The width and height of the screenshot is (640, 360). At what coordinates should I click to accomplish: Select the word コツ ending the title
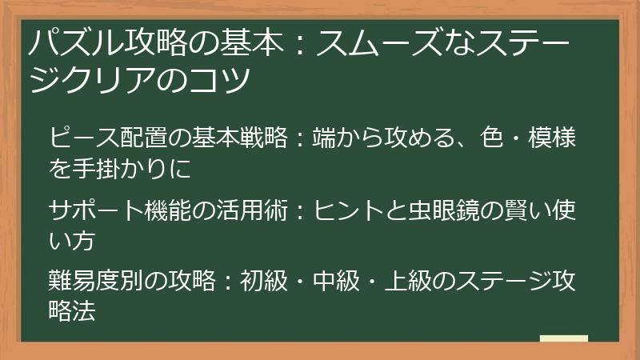tap(228, 79)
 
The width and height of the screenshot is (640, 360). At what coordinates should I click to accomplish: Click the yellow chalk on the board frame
tap(564, 339)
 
